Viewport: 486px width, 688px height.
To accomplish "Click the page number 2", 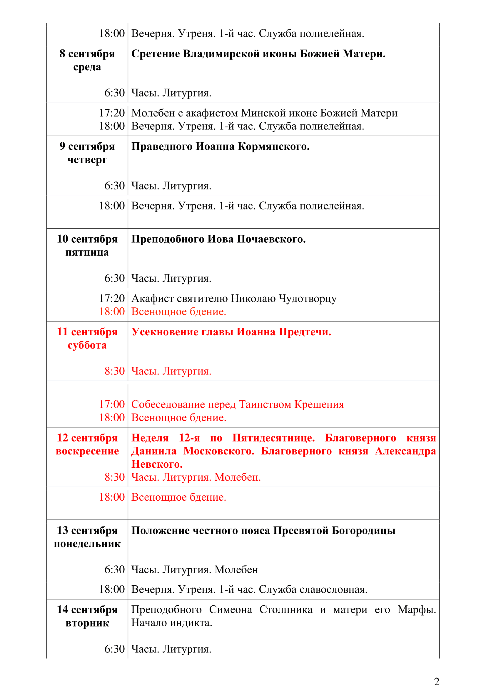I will pos(437,682).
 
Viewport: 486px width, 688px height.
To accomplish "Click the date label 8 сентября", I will pos(87,54).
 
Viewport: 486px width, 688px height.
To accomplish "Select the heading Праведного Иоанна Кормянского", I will pos(221,146).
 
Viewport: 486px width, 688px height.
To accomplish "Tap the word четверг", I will pos(87,160).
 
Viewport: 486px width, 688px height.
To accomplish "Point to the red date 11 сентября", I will pos(87,332).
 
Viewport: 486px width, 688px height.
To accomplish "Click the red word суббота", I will pos(87,345).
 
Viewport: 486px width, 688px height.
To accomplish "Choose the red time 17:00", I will pos(112,404).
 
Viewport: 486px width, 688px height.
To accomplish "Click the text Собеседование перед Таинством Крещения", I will pos(238,404).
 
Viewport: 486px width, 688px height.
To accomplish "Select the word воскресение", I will pos(87,451).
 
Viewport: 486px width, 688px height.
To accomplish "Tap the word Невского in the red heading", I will pos(157,464).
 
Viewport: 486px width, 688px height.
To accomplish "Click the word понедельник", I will pos(87,544).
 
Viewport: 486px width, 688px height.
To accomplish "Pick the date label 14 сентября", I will pos(87,609).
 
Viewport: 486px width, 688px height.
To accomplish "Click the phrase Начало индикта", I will pos(172,623).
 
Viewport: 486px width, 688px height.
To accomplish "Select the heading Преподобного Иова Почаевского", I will pos(218,239).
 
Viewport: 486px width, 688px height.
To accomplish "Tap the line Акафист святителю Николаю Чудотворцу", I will pos(234,299).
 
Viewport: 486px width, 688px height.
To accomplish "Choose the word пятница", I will pos(87,252).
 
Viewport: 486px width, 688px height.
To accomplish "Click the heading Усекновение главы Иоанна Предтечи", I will pos(231,332).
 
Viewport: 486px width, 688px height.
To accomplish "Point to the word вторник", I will pos(87,623).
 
